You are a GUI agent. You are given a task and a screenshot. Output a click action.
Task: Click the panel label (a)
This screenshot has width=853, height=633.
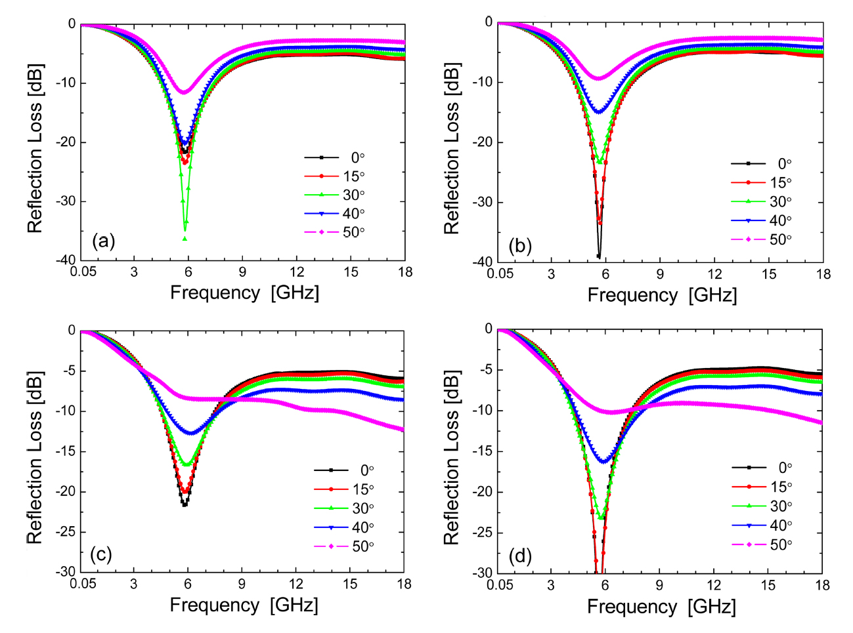[x=104, y=241]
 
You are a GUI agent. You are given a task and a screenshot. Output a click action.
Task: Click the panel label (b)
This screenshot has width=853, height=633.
[x=520, y=247]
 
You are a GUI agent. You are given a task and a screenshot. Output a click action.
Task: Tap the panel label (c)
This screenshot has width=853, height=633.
[x=100, y=555]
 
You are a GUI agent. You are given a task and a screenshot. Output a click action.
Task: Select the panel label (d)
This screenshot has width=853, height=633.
[x=520, y=556]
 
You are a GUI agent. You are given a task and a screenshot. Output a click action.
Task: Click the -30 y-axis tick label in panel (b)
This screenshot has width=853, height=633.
[x=483, y=202]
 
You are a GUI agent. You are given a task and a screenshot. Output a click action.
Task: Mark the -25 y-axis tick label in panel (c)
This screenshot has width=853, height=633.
[x=65, y=531]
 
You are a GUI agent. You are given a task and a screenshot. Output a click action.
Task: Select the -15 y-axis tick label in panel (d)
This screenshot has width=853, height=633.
[x=481, y=451]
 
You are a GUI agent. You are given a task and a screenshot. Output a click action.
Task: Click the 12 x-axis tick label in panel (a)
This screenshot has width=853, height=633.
[x=297, y=272]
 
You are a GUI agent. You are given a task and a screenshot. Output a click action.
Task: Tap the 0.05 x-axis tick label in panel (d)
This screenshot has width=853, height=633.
[x=500, y=585]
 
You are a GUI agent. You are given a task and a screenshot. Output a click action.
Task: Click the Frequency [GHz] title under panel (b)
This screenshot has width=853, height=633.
[x=662, y=295]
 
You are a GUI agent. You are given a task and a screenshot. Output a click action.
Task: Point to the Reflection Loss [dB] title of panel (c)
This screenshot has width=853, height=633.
[x=34, y=457]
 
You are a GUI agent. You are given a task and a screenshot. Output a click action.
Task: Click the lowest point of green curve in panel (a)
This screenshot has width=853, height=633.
[x=185, y=239]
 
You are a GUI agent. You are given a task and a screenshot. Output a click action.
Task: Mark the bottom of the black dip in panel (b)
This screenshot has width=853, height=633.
[x=598, y=256]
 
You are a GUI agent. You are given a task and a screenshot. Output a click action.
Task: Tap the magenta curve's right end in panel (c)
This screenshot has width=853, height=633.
[x=403, y=430]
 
